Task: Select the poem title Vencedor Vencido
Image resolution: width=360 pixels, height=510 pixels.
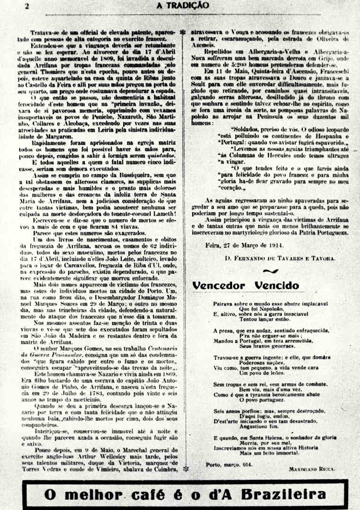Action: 245,286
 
